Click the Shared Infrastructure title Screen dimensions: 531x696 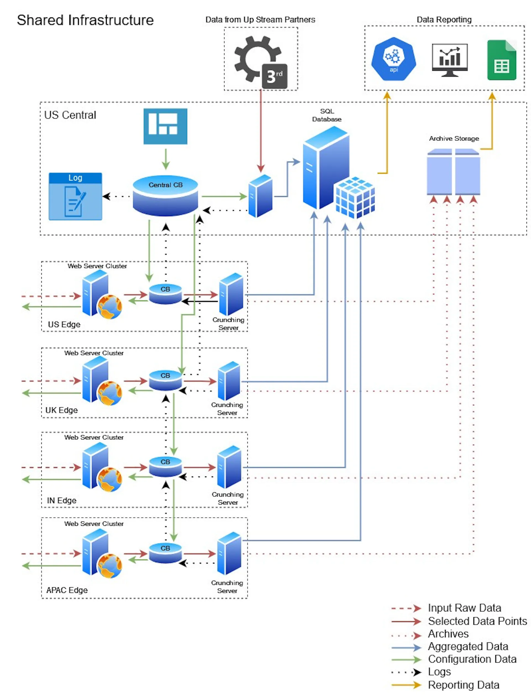pos(85,20)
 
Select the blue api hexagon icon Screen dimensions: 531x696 pos(394,59)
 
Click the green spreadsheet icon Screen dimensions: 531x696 pos(502,60)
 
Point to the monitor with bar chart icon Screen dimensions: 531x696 pos(450,60)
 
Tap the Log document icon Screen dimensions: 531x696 pos(75,196)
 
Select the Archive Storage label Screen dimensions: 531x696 pos(454,138)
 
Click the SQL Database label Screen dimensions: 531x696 pos(327,115)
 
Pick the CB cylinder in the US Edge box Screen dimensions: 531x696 pos(165,294)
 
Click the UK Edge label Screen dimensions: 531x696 pos(62,410)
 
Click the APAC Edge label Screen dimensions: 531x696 pos(67,590)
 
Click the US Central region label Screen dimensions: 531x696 pos(70,115)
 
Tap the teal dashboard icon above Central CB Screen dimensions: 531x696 pos(165,126)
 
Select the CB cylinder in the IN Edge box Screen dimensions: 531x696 pos(165,466)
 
